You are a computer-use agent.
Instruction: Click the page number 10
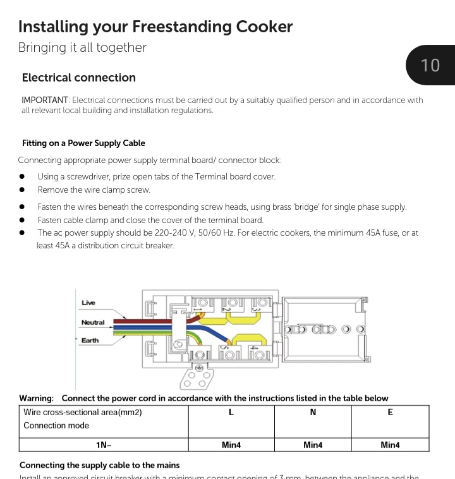[x=430, y=65]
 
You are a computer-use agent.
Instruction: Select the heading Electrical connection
[x=78, y=78]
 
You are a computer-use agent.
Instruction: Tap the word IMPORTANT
[x=45, y=100]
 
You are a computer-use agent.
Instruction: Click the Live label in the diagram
[x=88, y=303]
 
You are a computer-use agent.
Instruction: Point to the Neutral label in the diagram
[x=93, y=322]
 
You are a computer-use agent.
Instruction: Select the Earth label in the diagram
[x=90, y=341]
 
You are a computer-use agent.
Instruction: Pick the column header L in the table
[x=231, y=412]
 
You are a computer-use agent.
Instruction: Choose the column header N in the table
[x=313, y=412]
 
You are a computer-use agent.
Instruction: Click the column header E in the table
[x=390, y=412]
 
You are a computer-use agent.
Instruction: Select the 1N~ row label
[x=104, y=445]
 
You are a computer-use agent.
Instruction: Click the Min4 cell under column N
[x=313, y=445]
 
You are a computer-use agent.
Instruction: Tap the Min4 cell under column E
[x=390, y=445]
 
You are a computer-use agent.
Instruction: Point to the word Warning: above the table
[x=37, y=398]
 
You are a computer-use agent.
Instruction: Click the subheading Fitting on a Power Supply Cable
[x=83, y=143]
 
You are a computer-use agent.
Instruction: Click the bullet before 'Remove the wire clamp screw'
[x=22, y=190]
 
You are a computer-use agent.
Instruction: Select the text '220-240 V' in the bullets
[x=174, y=233]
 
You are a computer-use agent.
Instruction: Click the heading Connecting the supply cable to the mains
[x=99, y=465]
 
